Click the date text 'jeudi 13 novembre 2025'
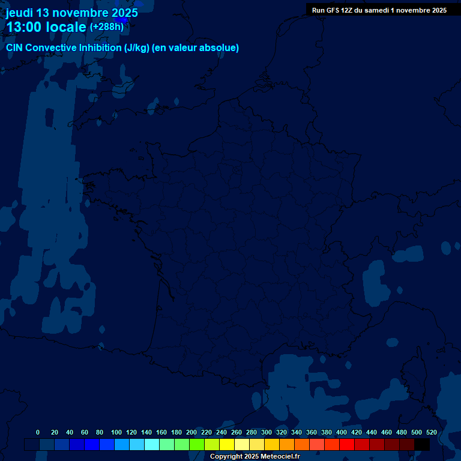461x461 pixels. tap(72, 13)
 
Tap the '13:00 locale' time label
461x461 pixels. tap(46, 27)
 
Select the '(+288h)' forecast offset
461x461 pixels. tap(106, 27)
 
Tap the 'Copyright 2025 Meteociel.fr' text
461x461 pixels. tap(255, 456)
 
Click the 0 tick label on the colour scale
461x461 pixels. tap(38, 432)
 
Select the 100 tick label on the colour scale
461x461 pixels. tap(116, 432)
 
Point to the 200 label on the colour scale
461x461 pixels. tap(191, 432)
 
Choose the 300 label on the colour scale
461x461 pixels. tap(267, 432)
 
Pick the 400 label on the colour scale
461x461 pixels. tap(342, 432)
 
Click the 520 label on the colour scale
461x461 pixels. tap(432, 432)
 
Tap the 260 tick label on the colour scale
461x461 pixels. tap(237, 432)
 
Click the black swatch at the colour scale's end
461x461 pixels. tap(422, 444)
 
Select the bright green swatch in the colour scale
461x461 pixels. tap(197, 444)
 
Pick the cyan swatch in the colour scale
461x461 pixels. tap(152, 444)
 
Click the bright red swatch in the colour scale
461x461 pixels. tap(347, 444)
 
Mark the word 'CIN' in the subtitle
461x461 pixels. tap(14, 48)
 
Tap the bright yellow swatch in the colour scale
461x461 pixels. tap(227, 444)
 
